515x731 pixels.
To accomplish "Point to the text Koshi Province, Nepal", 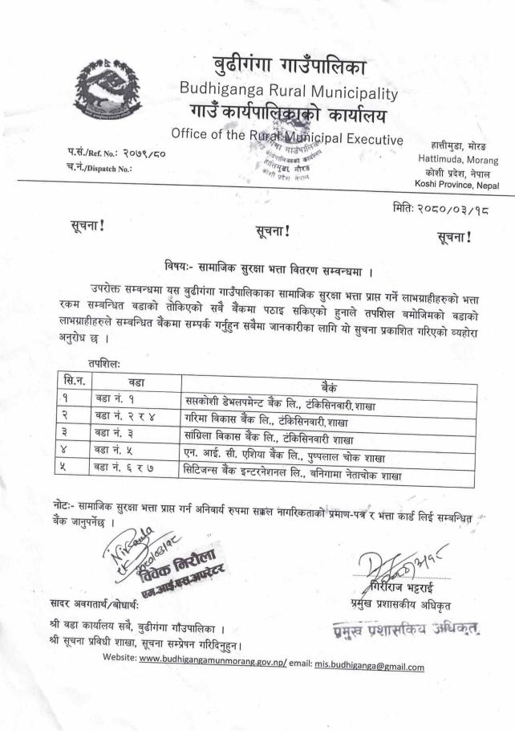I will click(x=456, y=185).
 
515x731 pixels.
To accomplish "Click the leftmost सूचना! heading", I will click(x=87, y=227).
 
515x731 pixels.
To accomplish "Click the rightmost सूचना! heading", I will click(x=454, y=236).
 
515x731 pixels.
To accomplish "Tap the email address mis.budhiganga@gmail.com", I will click(x=369, y=666).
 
